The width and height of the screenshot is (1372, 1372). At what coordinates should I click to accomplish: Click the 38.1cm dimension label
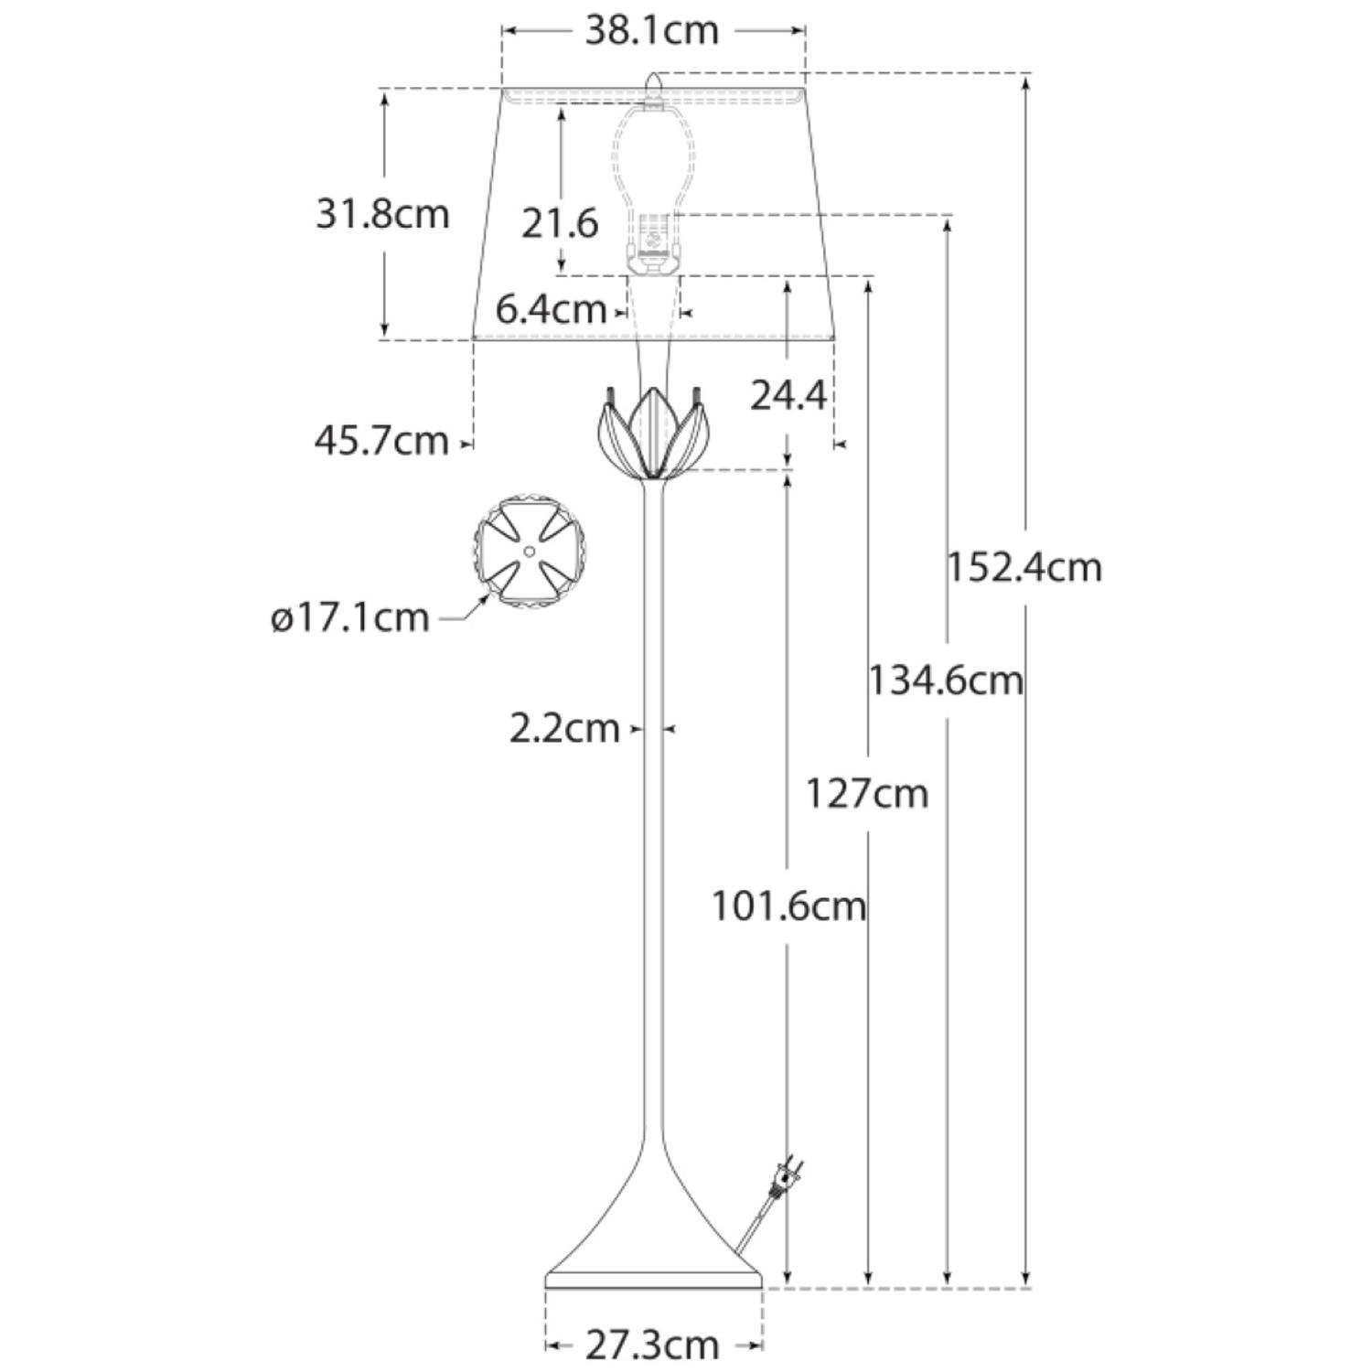click(x=651, y=31)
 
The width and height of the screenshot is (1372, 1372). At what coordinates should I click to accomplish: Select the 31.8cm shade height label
click(x=382, y=215)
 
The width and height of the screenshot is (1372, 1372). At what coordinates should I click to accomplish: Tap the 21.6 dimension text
click(x=560, y=223)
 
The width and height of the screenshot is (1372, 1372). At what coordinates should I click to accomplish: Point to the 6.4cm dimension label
click(x=551, y=309)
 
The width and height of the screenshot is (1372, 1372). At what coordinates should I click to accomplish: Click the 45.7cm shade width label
click(x=381, y=441)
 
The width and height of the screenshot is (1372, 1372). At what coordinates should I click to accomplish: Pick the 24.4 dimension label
click(x=788, y=395)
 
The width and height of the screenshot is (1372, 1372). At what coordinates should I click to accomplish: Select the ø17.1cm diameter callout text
click(x=350, y=618)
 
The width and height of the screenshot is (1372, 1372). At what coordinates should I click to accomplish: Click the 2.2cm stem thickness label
click(x=564, y=729)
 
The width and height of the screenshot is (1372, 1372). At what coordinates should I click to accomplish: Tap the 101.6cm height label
click(x=788, y=906)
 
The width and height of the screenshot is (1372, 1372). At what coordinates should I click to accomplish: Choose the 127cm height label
click(x=866, y=793)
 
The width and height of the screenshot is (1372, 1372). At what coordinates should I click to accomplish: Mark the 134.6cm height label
click(x=945, y=681)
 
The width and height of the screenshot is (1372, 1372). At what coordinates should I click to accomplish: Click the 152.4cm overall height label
click(x=1024, y=567)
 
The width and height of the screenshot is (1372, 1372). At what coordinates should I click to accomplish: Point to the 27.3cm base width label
click(x=651, y=1345)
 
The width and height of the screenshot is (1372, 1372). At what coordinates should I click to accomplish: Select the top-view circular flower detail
click(x=530, y=552)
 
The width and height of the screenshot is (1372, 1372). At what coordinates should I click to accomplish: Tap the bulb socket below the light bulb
click(x=653, y=242)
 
